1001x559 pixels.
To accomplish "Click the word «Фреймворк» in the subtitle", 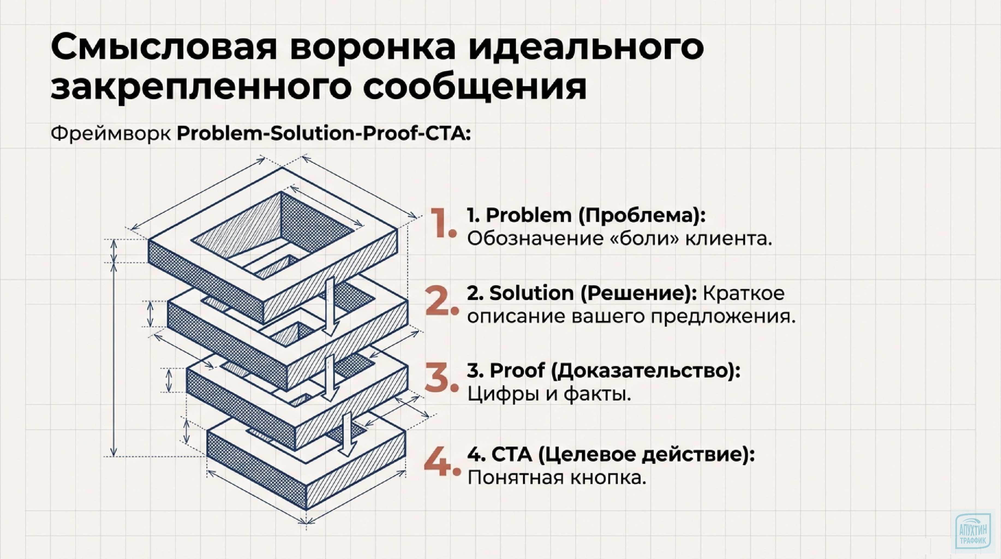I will click(110, 134).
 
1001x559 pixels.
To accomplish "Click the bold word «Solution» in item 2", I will click(531, 293).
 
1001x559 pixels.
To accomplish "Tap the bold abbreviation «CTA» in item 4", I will click(512, 455).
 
